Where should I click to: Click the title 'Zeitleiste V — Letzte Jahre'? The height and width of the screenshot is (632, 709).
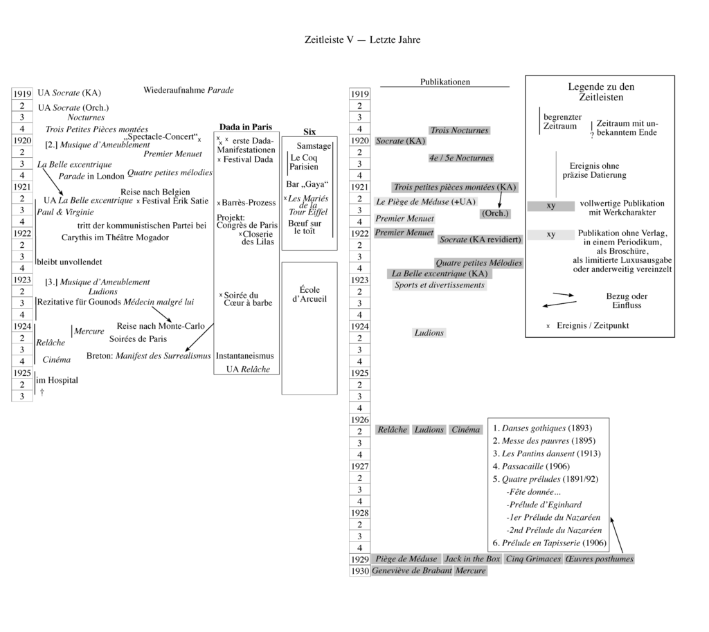pos(362,39)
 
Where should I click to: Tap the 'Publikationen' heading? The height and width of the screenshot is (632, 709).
pos(445,82)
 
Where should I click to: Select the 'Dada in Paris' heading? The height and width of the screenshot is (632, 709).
pos(246,127)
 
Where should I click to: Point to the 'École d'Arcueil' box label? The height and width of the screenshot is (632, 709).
pos(309,294)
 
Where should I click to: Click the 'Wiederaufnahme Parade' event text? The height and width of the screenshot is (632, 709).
pos(188,90)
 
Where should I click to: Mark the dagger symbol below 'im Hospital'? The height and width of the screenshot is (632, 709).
pos(42,392)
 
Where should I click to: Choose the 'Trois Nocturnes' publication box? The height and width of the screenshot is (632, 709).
pos(459,130)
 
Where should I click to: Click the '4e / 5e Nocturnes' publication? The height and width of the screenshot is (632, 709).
pos(460,158)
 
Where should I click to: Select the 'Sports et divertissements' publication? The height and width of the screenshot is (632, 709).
pos(439,285)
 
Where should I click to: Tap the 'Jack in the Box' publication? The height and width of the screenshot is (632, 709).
pos(472,559)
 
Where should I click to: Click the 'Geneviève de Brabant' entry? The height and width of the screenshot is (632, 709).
pos(411,570)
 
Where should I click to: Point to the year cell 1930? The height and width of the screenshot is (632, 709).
pos(359,571)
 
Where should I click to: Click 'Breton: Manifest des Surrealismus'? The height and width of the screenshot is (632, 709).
pos(148,356)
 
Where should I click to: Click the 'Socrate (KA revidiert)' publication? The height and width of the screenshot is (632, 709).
pos(481,240)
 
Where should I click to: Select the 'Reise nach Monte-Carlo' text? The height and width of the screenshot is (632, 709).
pos(153,325)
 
